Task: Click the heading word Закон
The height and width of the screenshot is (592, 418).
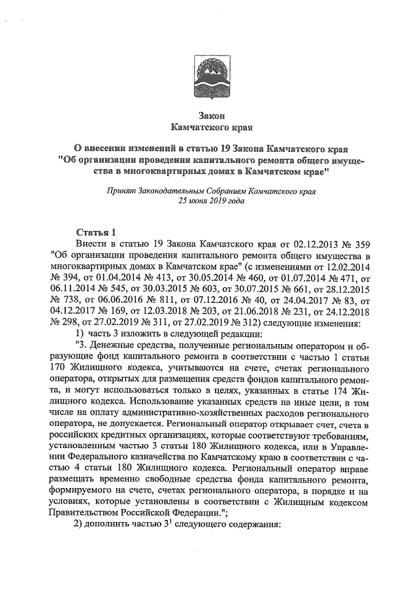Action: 207,114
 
